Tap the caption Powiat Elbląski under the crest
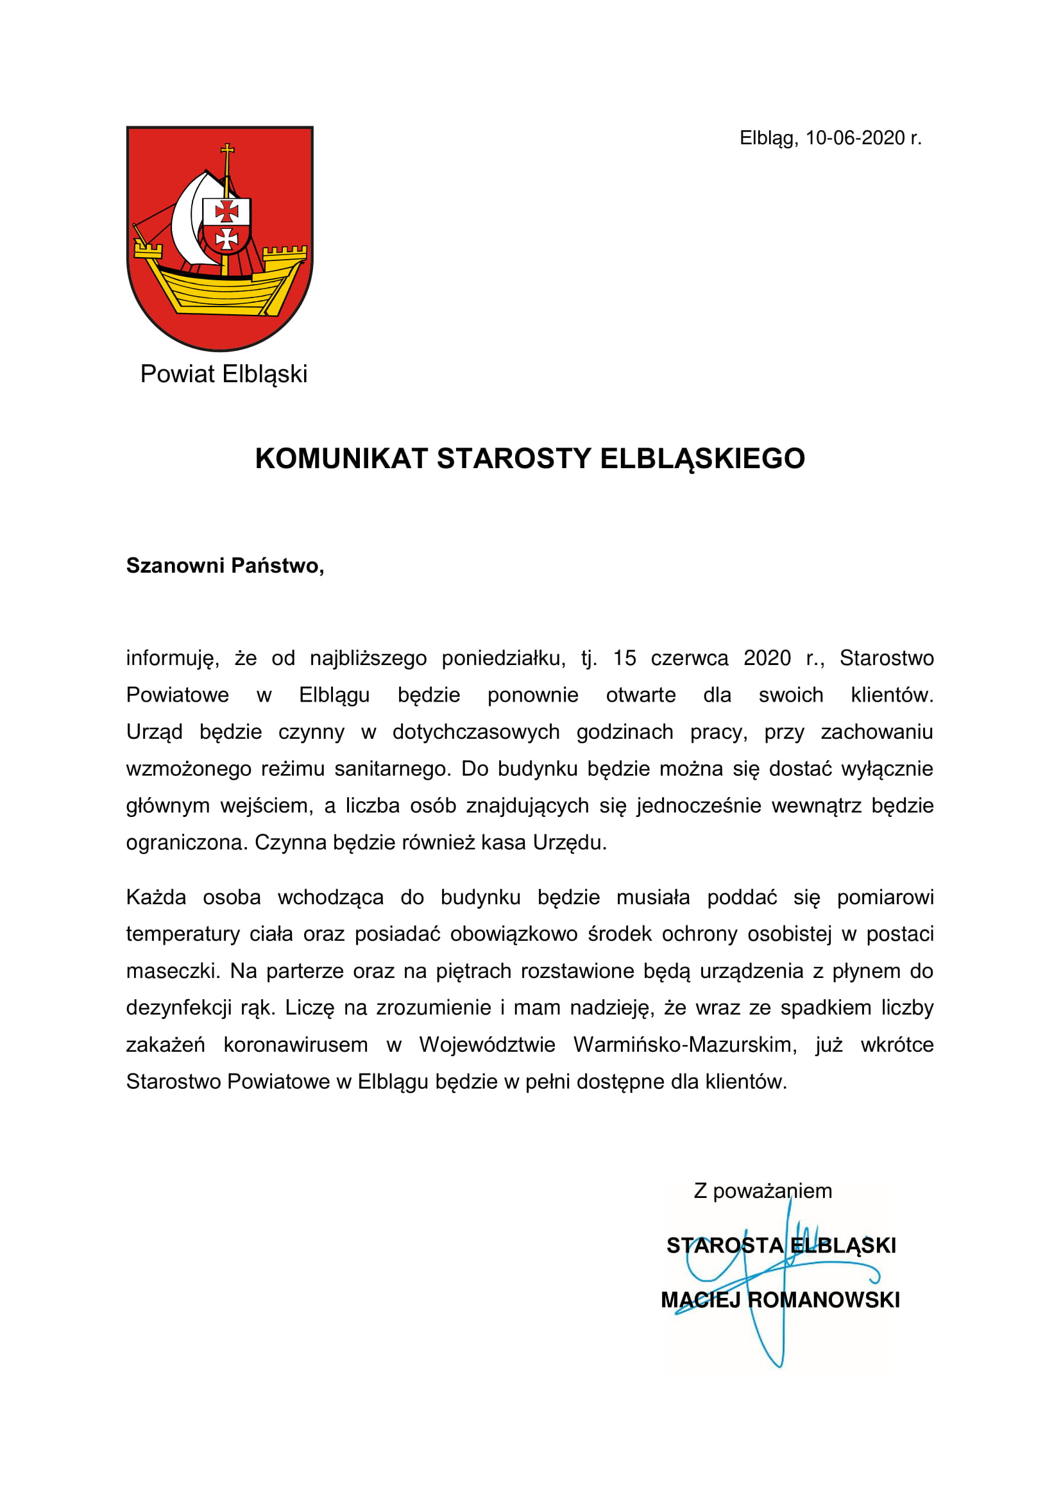[x=223, y=375]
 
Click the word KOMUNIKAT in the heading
[x=341, y=459]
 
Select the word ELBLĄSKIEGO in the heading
[x=702, y=459]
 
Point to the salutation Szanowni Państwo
[x=225, y=566]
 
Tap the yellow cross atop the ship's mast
[x=226, y=151]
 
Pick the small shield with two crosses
[x=226, y=225]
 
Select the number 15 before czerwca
[x=624, y=658]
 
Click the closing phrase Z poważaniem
[x=763, y=1191]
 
